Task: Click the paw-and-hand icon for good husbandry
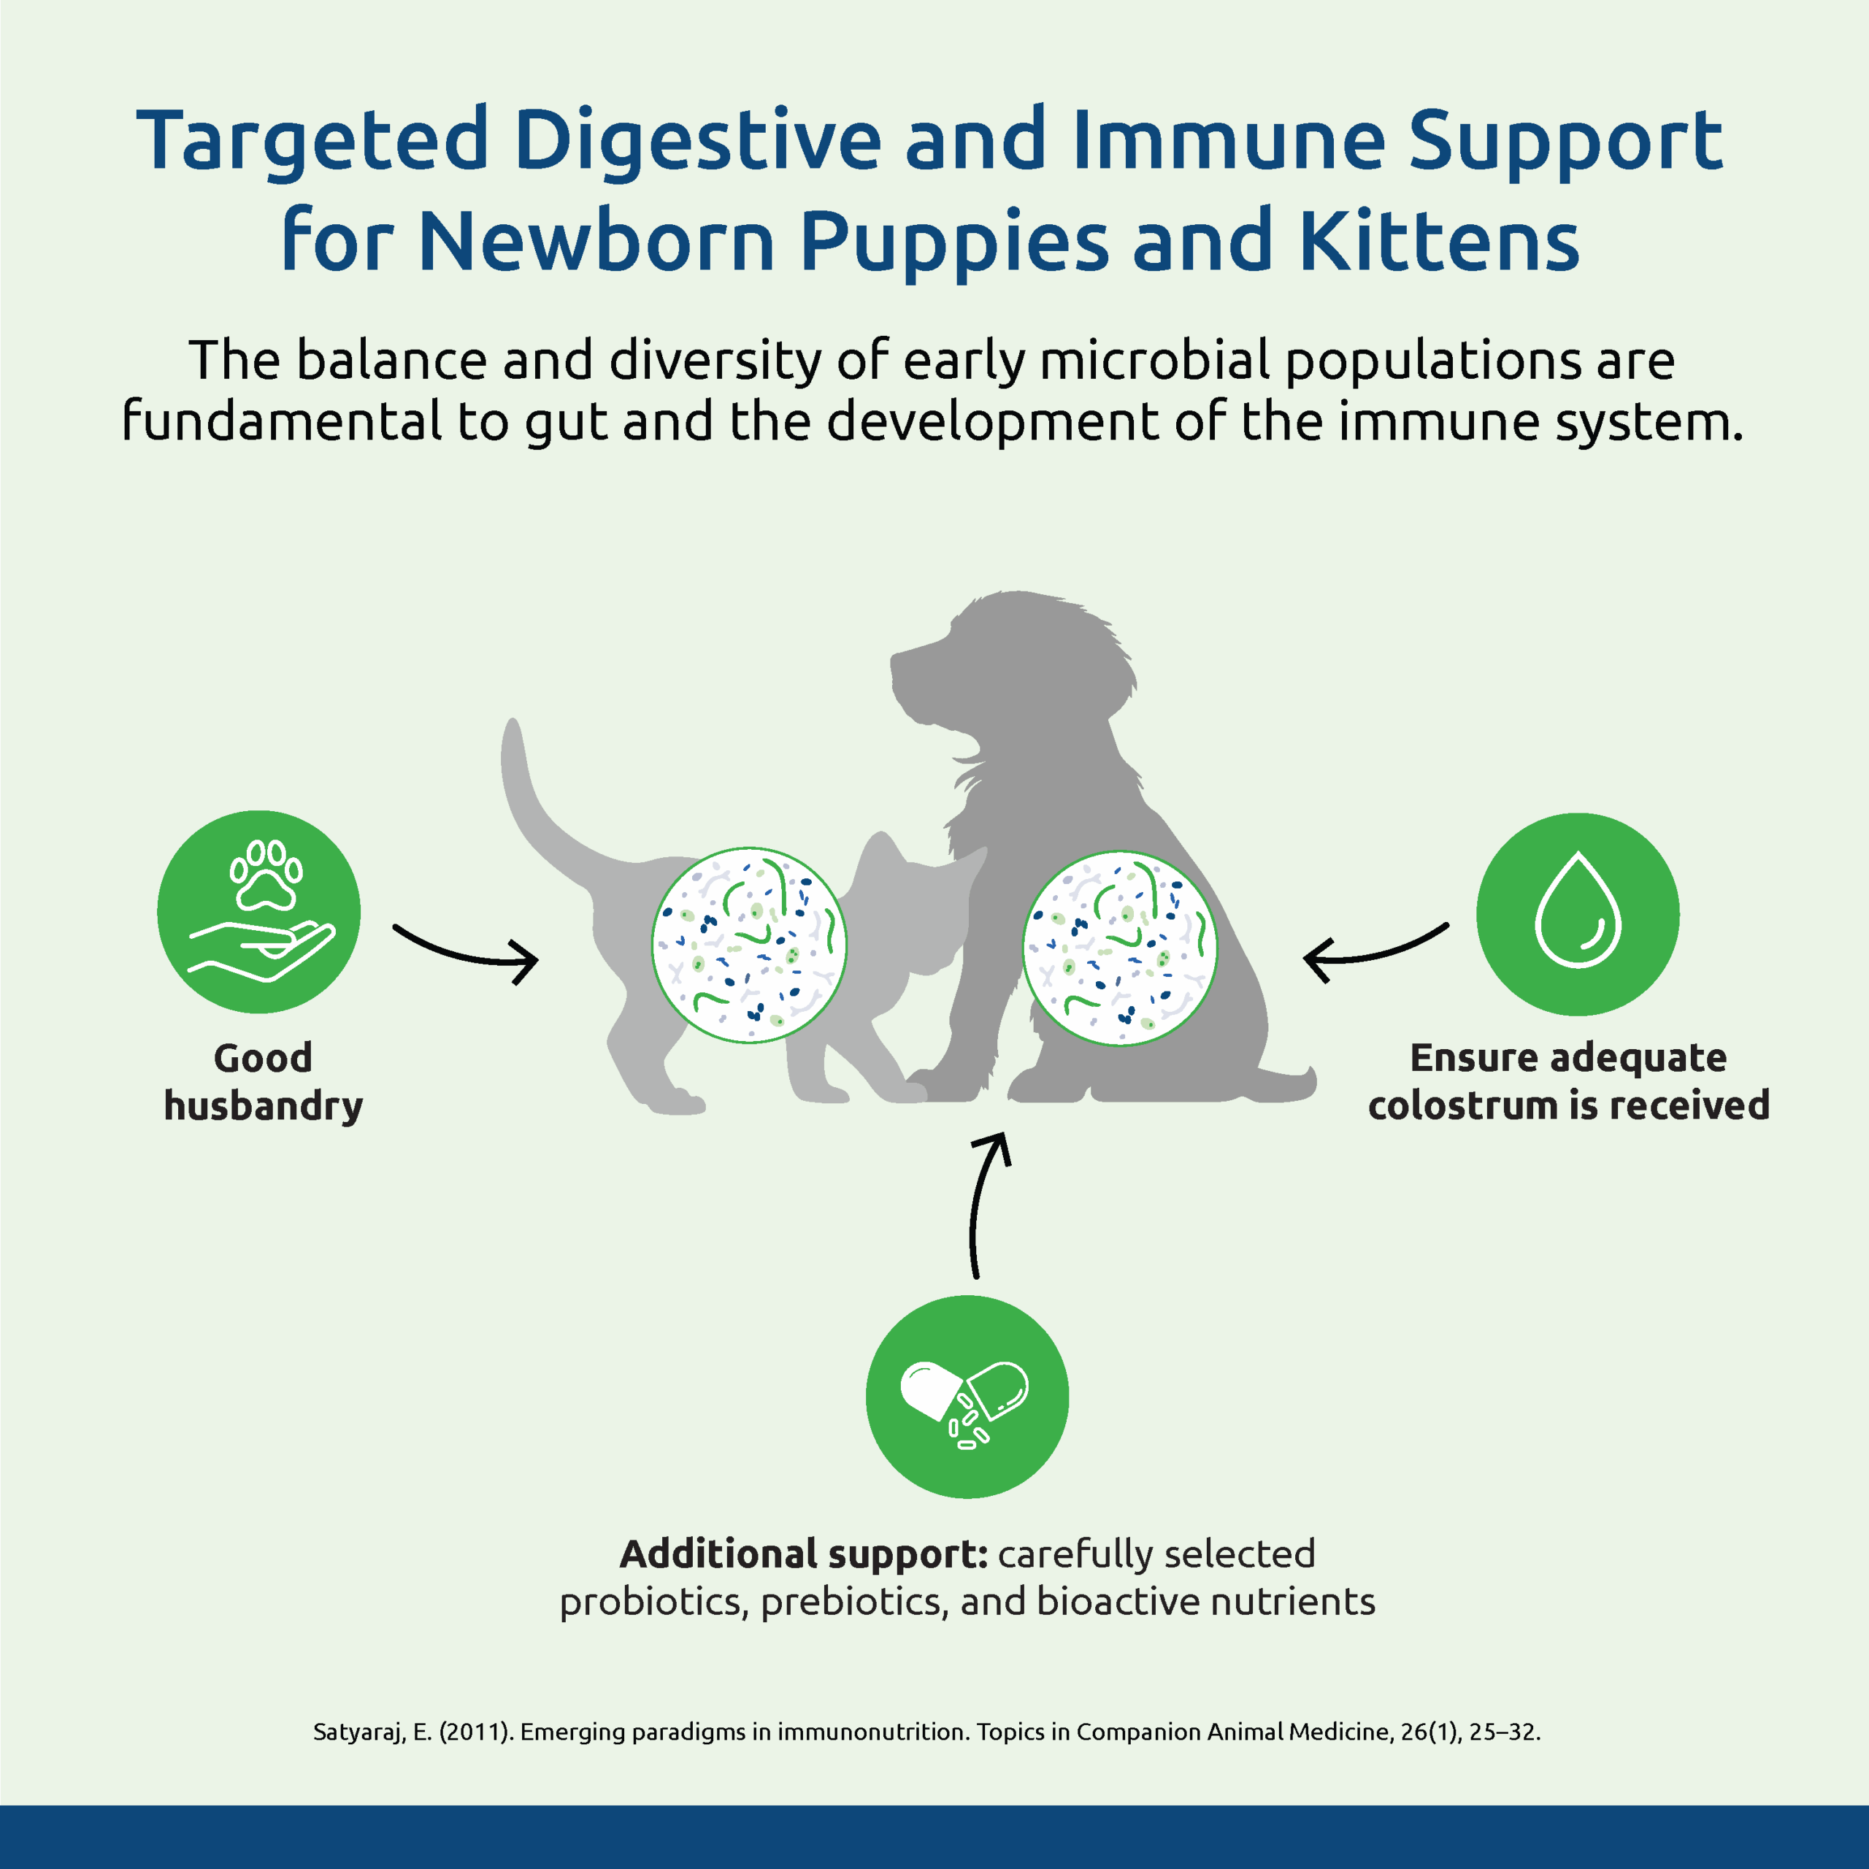(x=259, y=913)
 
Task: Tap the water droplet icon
(x=1578, y=914)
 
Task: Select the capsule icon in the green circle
(x=967, y=1396)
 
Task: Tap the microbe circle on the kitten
(x=749, y=945)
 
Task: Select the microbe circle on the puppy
(x=1119, y=948)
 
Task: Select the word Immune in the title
(x=1229, y=140)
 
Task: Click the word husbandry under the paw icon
(x=263, y=1105)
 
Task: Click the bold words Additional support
(x=803, y=1554)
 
